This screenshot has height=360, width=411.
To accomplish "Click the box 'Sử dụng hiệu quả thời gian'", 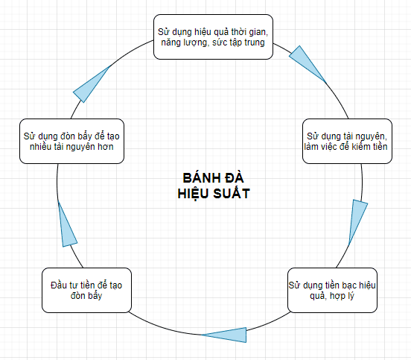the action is pos(213,37).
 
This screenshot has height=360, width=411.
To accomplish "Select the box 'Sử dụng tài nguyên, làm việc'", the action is pos(347,141).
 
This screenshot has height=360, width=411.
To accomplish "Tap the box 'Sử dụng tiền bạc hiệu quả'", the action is pos(332,290).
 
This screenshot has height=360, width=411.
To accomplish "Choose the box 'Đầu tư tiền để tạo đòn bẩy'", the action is pos(86,290).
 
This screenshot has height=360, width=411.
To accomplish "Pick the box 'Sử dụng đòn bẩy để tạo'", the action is pos(71,141).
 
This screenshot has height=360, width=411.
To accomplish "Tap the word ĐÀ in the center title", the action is pos(235,178).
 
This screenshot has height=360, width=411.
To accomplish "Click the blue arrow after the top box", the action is pos(308,64).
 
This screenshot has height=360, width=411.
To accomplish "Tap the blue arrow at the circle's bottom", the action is pos(224,335).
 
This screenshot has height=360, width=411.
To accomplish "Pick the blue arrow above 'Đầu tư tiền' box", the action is pos(67,224).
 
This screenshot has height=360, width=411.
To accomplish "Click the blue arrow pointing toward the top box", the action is pos(91,84).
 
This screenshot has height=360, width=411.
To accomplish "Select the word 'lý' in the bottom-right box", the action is pos(350,296).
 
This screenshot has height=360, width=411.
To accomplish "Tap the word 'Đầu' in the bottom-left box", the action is pos(57,285).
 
